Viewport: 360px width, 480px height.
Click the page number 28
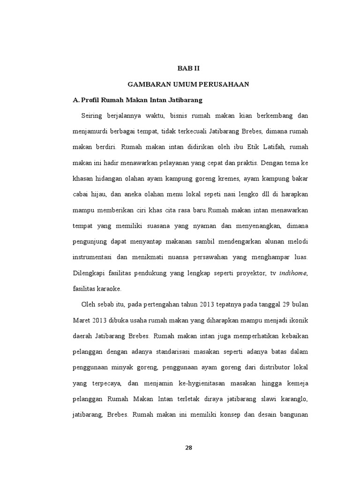pyautogui.click(x=188, y=448)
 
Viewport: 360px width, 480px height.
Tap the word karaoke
pyautogui.click(x=108, y=289)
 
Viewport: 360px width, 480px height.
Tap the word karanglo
pyautogui.click(x=291, y=399)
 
